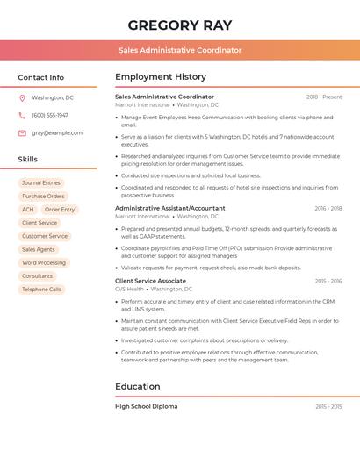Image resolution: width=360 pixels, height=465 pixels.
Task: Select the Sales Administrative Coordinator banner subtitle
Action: coord(180,50)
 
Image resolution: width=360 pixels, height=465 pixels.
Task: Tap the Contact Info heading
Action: coord(40,77)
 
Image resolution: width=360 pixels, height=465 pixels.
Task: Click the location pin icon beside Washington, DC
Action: coord(22,97)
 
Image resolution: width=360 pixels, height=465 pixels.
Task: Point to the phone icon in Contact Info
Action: coord(22,115)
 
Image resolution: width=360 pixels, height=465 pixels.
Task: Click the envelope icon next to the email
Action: coord(22,132)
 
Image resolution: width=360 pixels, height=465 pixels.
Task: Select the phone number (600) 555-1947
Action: coord(50,115)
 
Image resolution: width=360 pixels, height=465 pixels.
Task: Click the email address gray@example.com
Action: coord(57,132)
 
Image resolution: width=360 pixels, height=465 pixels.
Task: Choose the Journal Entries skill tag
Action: coord(41,183)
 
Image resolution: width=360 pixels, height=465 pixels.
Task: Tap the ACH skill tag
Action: coord(28,210)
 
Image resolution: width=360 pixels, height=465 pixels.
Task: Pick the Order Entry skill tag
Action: coord(60,210)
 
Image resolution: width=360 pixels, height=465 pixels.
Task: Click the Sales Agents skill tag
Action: coord(38,249)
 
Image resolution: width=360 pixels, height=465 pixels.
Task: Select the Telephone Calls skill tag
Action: coord(41,289)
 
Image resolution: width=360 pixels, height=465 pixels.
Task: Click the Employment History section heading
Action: coord(161,77)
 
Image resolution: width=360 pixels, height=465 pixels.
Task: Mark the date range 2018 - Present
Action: coord(324,97)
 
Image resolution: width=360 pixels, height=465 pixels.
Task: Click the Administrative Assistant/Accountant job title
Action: coord(169,208)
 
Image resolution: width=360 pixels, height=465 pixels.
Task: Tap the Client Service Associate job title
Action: coord(150,281)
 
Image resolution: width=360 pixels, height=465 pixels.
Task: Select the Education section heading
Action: coord(138,386)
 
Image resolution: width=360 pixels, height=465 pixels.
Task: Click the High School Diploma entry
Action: coord(146,406)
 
